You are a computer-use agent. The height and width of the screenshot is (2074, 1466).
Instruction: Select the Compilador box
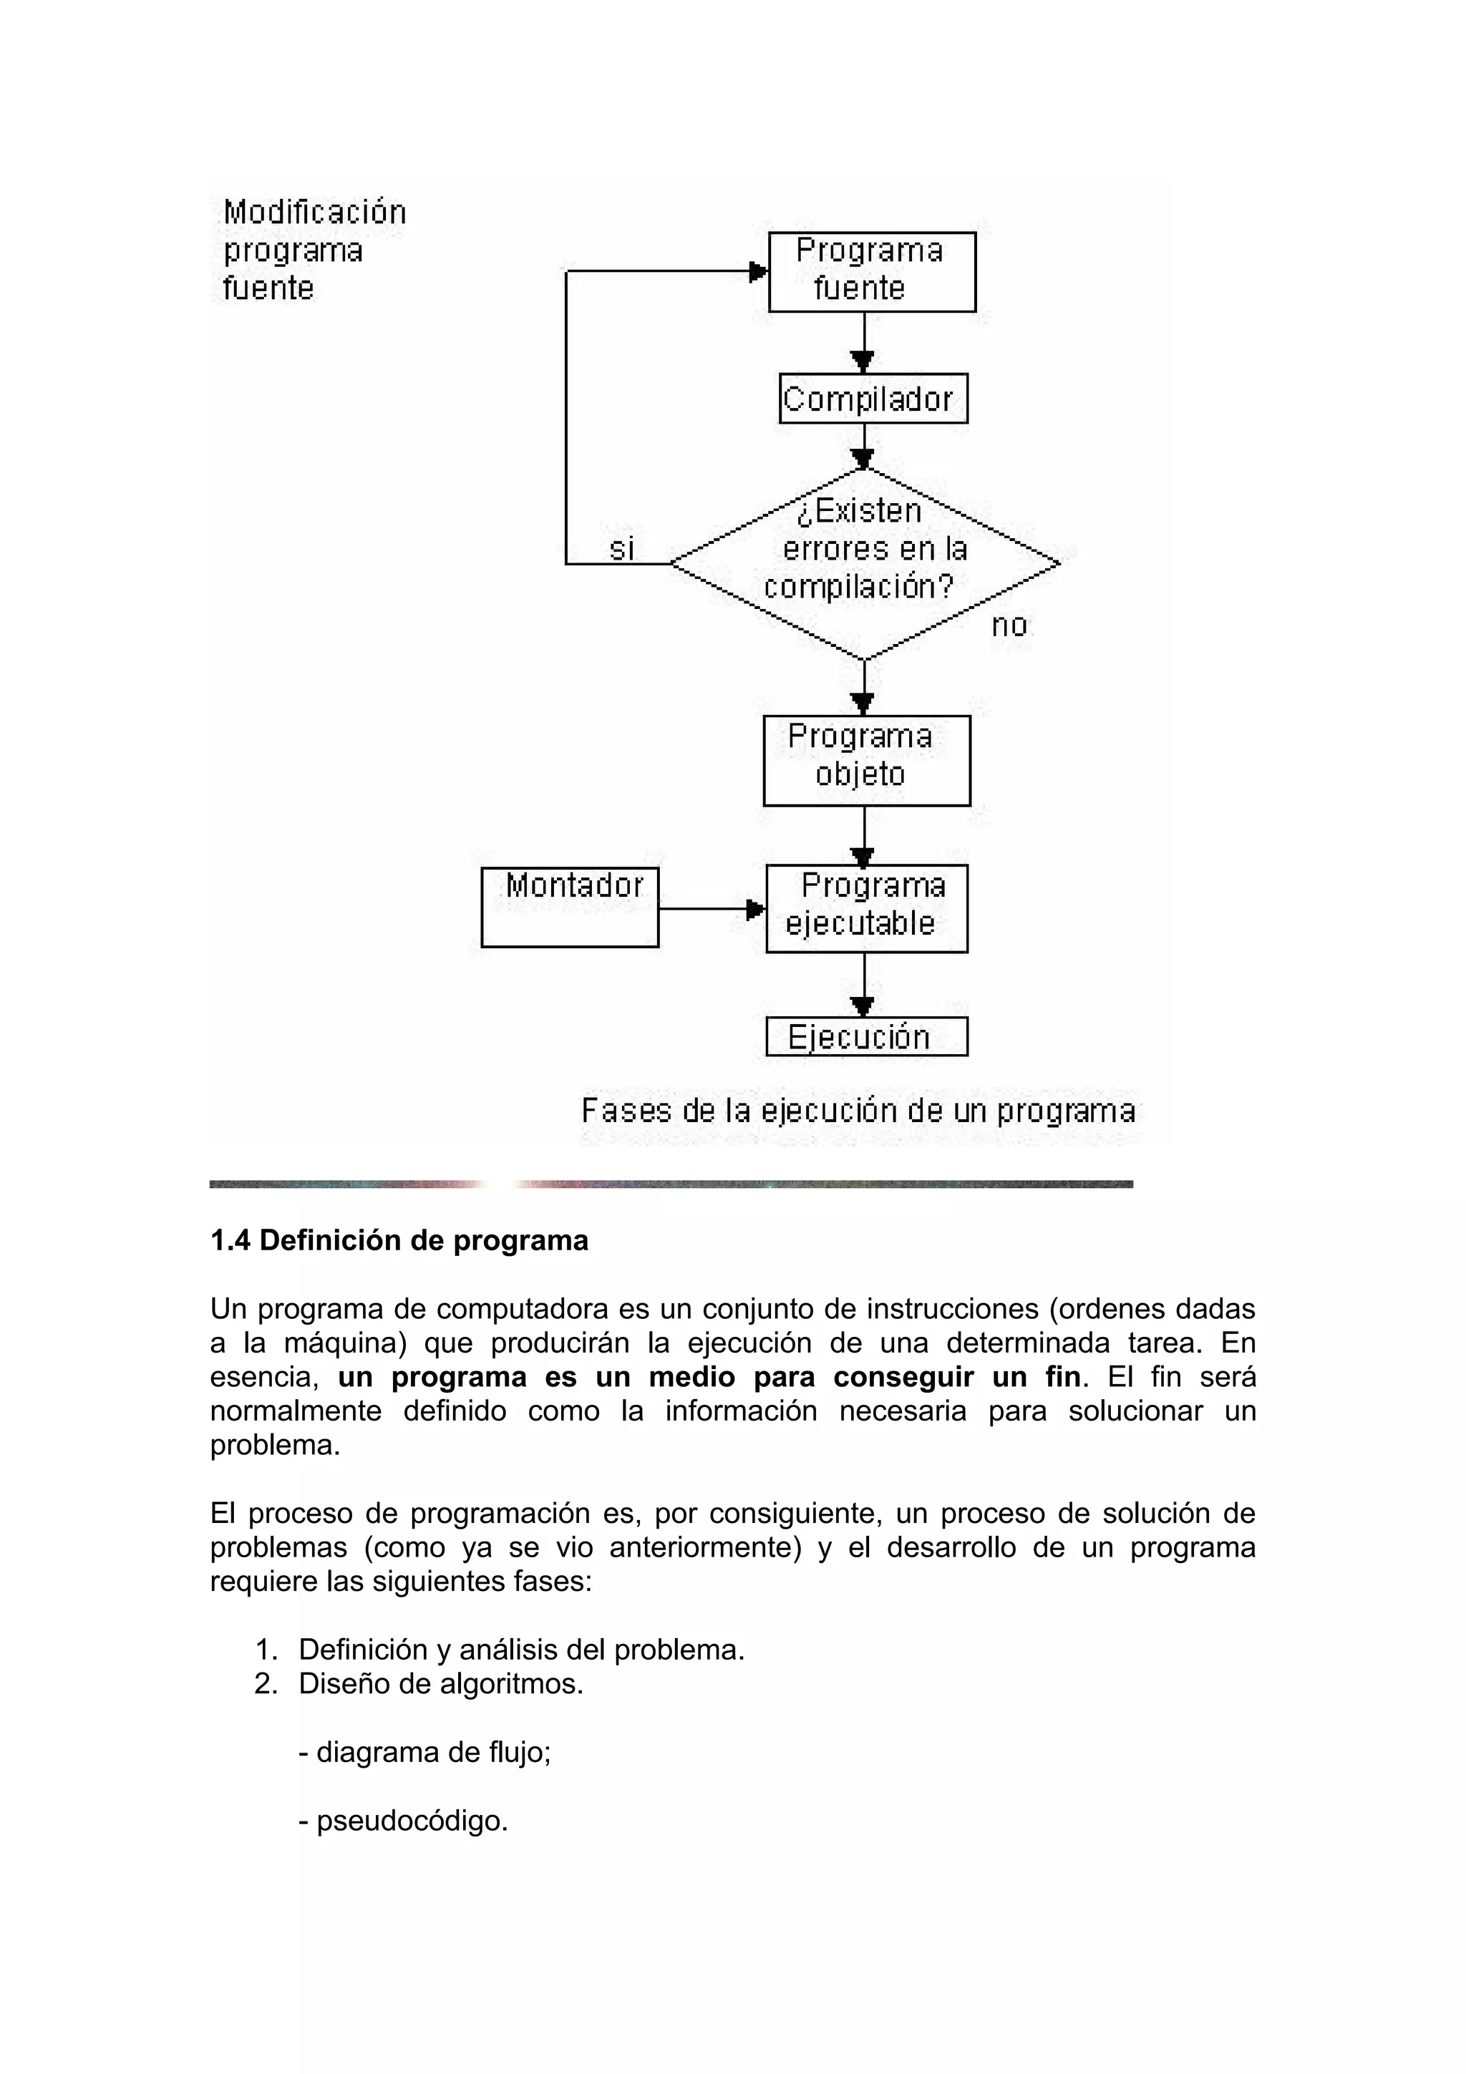[x=872, y=399]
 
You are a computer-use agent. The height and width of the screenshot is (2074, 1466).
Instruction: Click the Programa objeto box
[x=865, y=760]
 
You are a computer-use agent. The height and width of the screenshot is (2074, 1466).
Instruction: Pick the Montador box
[x=569, y=906]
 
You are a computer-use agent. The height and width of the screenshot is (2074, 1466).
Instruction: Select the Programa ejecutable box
[x=865, y=908]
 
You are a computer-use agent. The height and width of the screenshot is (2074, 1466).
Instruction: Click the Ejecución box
[x=865, y=1036]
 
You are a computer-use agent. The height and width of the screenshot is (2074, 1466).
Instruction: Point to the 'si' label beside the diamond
[x=621, y=547]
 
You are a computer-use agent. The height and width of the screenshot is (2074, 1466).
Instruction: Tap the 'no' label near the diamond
[x=1009, y=625]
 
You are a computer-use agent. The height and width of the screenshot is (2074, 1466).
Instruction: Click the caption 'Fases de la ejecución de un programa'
[x=858, y=1110]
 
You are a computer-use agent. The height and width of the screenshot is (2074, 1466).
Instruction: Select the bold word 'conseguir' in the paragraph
[x=903, y=1377]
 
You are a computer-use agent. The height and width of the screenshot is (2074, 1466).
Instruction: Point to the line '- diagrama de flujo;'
[x=424, y=1753]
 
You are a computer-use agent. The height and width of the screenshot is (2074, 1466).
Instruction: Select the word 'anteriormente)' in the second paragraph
[x=704, y=1547]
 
